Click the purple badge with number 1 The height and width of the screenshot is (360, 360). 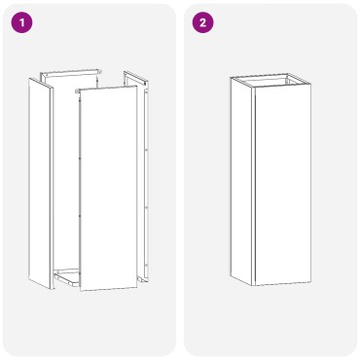click(22, 22)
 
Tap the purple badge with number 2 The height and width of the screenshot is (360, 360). click(203, 22)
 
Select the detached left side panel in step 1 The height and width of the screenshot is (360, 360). click(40, 184)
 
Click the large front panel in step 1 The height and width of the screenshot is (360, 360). click(109, 189)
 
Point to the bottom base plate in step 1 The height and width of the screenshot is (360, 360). click(67, 277)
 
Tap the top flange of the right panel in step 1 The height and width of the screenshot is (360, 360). click(135, 77)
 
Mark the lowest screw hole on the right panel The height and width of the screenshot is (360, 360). click(146, 265)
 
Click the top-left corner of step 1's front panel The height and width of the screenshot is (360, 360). click(80, 90)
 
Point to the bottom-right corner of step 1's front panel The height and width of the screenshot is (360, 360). click(137, 287)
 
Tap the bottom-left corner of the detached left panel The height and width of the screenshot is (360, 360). click(28, 279)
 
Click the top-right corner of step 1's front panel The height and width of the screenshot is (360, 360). click(136, 87)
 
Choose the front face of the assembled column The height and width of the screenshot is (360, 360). click(283, 186)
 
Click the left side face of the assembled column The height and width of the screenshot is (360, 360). click(242, 181)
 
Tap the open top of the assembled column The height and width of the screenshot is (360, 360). click(270, 80)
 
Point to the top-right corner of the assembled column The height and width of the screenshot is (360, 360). click(311, 85)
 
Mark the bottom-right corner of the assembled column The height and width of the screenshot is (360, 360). click(311, 282)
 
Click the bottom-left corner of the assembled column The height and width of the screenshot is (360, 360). click(231, 276)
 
